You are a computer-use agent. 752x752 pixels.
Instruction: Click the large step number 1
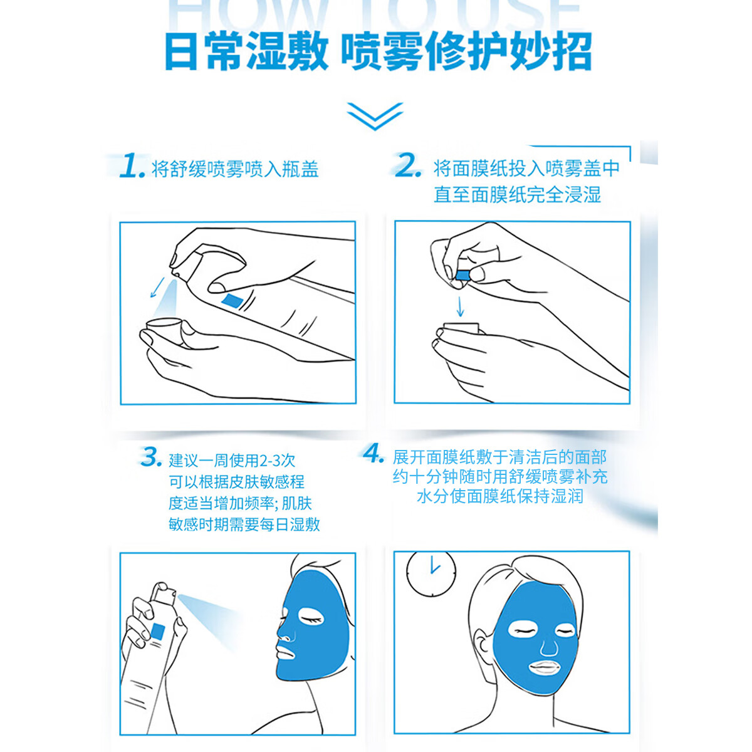click(132, 166)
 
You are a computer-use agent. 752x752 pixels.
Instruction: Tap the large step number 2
click(408, 166)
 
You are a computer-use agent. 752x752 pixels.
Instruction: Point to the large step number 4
click(373, 453)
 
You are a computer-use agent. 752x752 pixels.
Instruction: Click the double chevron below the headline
click(375, 116)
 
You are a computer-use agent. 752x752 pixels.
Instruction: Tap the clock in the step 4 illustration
click(431, 573)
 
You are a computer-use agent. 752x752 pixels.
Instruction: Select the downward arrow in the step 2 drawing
click(461, 306)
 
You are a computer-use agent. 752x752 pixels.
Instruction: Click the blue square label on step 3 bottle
click(158, 632)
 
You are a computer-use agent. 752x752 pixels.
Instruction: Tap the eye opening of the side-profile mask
click(311, 618)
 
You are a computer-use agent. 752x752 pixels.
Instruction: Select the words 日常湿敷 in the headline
click(246, 51)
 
